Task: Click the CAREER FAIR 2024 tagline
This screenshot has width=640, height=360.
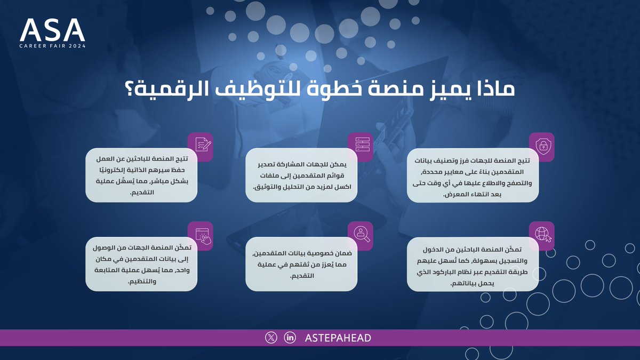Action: pyautogui.click(x=52, y=46)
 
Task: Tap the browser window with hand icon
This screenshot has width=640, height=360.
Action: pyautogui.click(x=200, y=235)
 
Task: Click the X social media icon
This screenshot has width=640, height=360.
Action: pyautogui.click(x=271, y=338)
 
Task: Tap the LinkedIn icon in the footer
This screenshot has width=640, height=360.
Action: pyautogui.click(x=290, y=338)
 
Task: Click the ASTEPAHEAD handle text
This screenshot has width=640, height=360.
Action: pyautogui.click(x=338, y=338)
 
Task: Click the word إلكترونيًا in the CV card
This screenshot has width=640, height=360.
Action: pyautogui.click(x=113, y=171)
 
